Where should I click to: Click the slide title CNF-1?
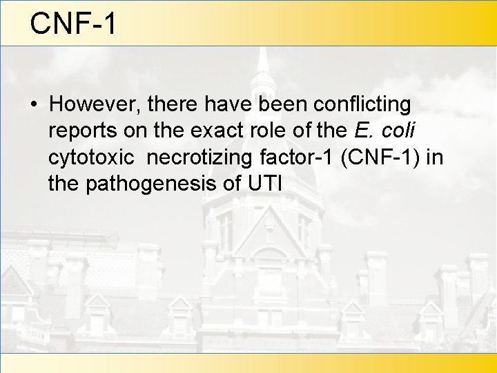point(73,23)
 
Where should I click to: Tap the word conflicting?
point(362,104)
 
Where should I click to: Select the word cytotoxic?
point(92,157)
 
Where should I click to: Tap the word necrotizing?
point(199,157)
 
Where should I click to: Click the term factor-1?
point(298,157)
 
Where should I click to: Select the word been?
point(282,104)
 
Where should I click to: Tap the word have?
point(228,104)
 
